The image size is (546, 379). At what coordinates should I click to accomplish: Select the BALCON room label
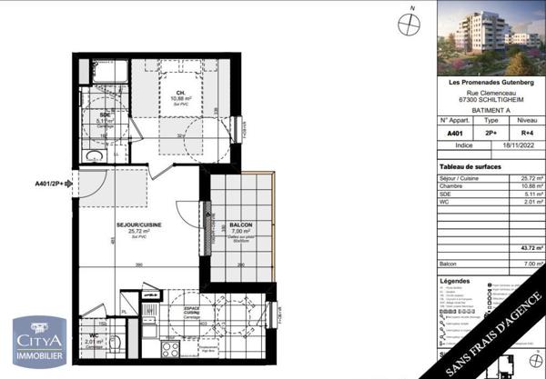[241, 225]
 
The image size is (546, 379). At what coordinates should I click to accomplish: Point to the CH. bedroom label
[181, 93]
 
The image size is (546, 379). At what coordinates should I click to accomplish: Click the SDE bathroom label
[106, 115]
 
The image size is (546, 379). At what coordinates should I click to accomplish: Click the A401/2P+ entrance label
[53, 183]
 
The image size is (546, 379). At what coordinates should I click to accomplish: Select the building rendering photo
[491, 38]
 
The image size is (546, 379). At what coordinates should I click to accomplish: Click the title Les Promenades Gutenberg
[491, 84]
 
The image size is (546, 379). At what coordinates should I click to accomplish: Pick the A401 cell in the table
[454, 133]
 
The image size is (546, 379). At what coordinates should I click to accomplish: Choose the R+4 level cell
[527, 133]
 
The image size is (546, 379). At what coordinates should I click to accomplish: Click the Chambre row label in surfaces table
[452, 187]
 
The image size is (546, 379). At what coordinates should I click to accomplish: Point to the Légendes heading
[455, 282]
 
